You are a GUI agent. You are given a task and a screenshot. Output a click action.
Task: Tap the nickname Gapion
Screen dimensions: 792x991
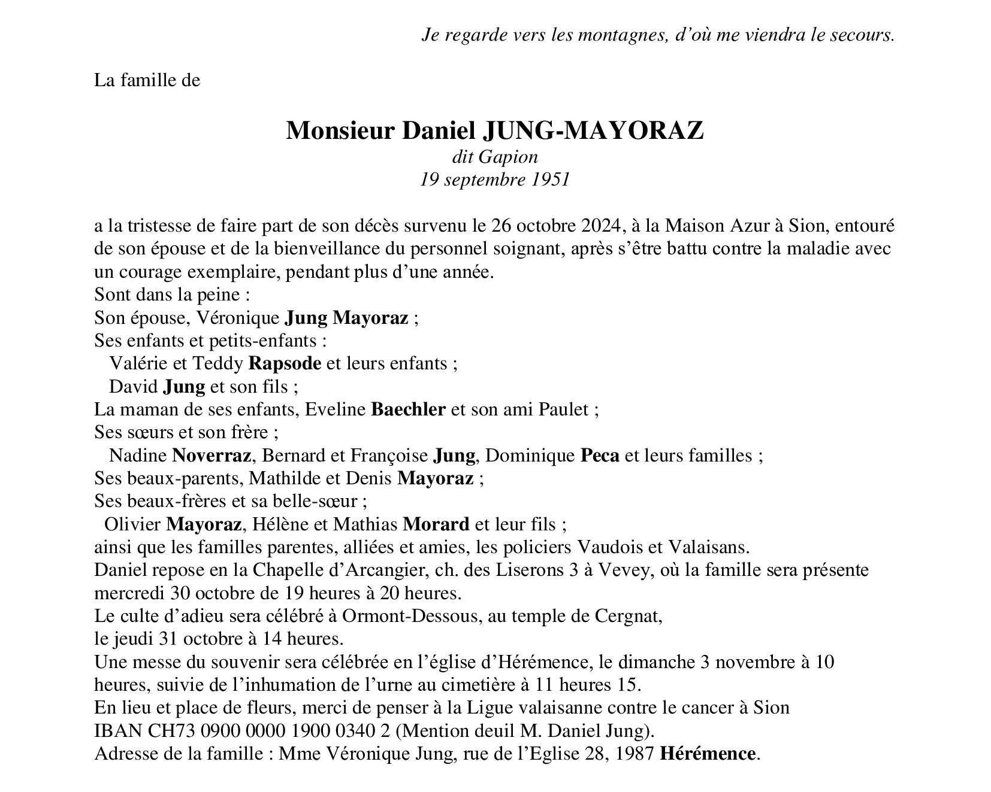509,157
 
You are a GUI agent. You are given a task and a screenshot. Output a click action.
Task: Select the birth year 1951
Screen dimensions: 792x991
550,180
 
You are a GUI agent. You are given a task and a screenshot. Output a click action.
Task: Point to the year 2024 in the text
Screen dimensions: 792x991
603,226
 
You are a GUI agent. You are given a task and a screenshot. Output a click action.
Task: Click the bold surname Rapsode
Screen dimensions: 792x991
285,363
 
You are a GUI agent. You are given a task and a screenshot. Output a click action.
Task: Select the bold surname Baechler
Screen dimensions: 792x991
409,409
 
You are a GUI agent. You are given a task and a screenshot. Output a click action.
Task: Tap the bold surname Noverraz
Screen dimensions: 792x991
212,456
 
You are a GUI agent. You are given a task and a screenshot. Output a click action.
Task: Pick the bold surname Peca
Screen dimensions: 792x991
600,456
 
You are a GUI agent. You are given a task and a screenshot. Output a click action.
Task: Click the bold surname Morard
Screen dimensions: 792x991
436,524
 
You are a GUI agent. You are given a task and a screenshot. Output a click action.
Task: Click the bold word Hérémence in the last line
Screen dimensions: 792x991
707,754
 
